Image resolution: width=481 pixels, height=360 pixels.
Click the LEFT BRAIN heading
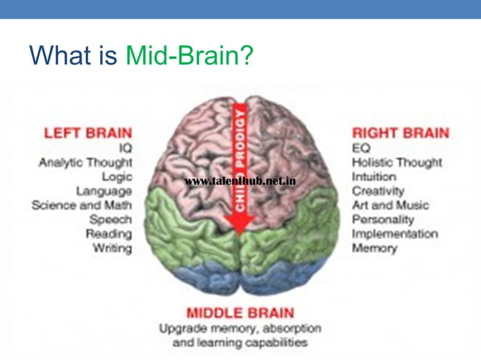87,133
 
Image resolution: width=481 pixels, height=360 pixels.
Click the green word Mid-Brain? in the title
189,55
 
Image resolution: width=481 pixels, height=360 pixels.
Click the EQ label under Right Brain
361,148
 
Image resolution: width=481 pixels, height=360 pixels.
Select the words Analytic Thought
85,162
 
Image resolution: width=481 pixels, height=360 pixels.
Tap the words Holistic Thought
397,163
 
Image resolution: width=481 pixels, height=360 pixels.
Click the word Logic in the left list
115,176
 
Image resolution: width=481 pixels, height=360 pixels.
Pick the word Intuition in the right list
375,177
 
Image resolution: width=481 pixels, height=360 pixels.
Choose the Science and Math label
81,205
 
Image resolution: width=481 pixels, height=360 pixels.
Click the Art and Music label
390,206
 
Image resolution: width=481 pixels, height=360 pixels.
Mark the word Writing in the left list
112,248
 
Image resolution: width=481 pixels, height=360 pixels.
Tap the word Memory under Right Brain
374,249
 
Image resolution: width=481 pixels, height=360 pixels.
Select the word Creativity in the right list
378,191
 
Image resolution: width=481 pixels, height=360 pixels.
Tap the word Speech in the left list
110,219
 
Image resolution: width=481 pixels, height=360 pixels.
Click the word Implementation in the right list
394,234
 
